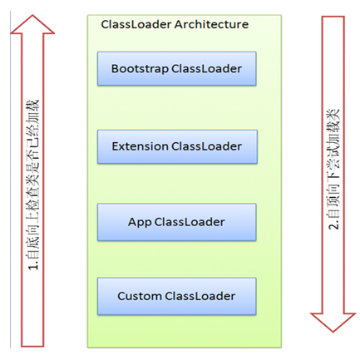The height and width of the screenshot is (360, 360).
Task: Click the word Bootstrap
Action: pyautogui.click(x=139, y=69)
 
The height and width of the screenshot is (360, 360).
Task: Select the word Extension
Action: pyautogui.click(x=140, y=146)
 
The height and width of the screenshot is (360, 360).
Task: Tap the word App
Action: pyautogui.click(x=140, y=223)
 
